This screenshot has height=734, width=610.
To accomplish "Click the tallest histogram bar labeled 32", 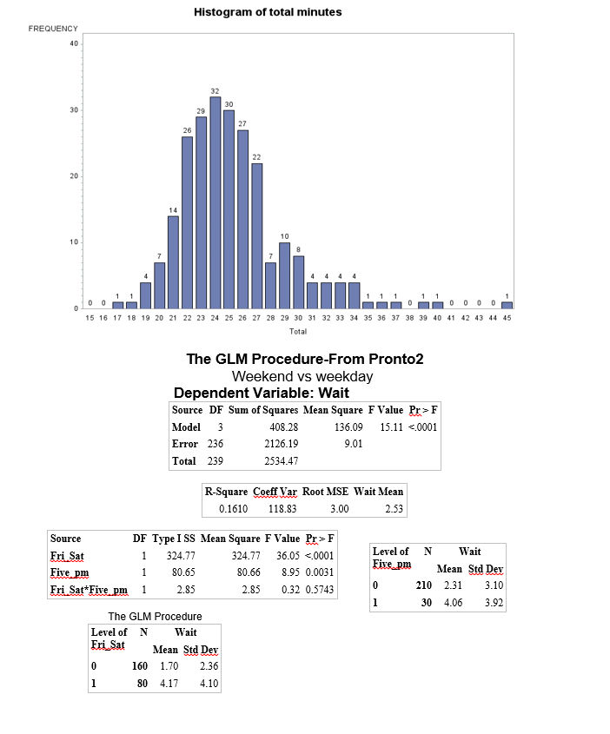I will point(215,202).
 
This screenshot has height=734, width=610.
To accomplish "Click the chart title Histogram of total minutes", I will point(268,12).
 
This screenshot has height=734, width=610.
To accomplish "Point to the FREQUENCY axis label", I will point(53,29).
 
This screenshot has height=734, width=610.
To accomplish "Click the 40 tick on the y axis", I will point(74,43).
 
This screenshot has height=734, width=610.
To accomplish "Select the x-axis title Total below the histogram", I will point(297,331).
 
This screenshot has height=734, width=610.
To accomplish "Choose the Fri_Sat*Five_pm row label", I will point(90,591).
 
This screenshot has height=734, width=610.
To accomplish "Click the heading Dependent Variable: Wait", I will point(262,392).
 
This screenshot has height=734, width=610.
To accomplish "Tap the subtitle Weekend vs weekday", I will point(302,376).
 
